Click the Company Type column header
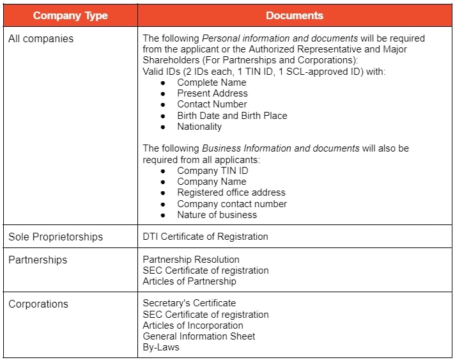point(70,15)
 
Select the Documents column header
point(295,15)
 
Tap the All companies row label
point(41,38)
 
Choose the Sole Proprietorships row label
point(56,237)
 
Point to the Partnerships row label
point(38,260)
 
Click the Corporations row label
point(38,304)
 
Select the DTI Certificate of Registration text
point(205,237)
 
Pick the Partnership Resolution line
point(191,260)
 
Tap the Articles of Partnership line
point(189,281)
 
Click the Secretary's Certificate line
point(189,303)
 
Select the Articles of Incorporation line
point(193,325)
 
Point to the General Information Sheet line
point(199,336)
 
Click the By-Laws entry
point(161,347)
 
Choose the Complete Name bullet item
point(212,82)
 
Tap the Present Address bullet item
point(212,93)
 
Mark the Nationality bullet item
point(199,127)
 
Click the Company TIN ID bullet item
point(213,171)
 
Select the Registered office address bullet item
point(231,192)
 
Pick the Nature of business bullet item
point(217,215)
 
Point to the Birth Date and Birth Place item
point(232,116)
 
